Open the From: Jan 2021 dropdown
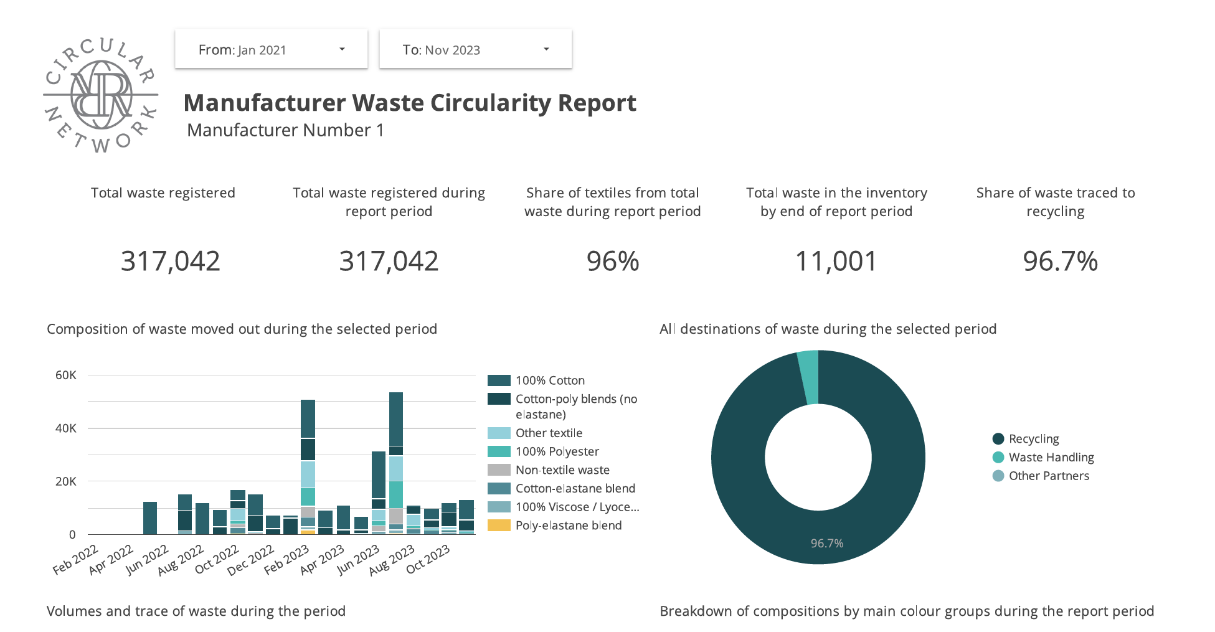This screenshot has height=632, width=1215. (x=271, y=49)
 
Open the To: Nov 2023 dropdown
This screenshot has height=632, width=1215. (x=475, y=49)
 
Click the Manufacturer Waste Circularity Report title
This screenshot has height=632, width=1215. (x=410, y=103)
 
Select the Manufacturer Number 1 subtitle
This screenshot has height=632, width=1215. (x=285, y=130)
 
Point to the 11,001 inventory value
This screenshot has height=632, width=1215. (x=836, y=262)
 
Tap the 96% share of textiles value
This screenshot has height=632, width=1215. (x=613, y=262)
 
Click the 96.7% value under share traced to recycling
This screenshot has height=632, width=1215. (x=1060, y=262)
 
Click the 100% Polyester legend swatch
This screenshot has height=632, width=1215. (x=499, y=451)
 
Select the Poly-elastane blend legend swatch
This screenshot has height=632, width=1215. (x=499, y=526)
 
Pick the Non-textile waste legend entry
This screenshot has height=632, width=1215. (x=562, y=470)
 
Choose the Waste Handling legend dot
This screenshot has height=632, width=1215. (x=998, y=457)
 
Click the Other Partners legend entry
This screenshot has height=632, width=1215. (x=1049, y=476)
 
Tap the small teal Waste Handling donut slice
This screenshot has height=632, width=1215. (x=808, y=377)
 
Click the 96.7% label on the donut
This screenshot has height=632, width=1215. (x=827, y=544)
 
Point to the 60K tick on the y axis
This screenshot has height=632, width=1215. (x=66, y=375)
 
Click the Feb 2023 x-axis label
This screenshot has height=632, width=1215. (x=287, y=559)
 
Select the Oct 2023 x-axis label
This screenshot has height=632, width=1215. (x=428, y=559)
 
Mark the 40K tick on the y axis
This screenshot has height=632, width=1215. (x=66, y=428)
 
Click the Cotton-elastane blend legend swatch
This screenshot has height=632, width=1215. (x=499, y=489)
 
